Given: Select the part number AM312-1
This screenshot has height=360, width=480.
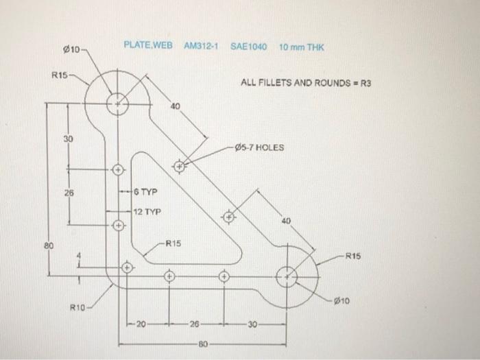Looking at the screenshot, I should (200, 46).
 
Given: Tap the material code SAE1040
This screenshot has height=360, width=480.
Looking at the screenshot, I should (248, 46).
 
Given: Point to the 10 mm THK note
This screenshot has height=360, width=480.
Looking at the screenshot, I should (301, 47).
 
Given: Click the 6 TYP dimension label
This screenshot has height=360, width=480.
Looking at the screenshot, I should (146, 193).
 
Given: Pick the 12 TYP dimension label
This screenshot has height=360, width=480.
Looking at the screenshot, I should (147, 212).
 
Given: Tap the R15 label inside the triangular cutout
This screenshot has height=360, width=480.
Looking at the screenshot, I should (173, 243).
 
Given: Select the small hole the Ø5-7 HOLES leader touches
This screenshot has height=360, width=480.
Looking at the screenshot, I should (180, 165).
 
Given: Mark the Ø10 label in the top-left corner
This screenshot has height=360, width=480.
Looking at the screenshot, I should (71, 50).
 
